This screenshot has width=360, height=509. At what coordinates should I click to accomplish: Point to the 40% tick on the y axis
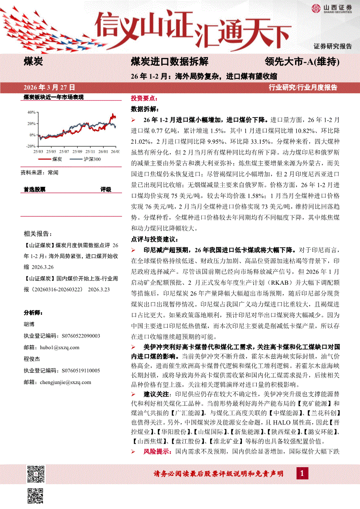[31, 112]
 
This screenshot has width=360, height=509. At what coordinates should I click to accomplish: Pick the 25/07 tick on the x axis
[64, 152]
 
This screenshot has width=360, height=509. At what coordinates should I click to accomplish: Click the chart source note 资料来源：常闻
[39, 172]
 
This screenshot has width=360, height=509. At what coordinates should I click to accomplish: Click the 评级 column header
[106, 189]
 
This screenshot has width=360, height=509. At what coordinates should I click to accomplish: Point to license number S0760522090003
[75, 336]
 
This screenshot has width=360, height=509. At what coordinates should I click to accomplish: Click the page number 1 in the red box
[302, 473]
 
